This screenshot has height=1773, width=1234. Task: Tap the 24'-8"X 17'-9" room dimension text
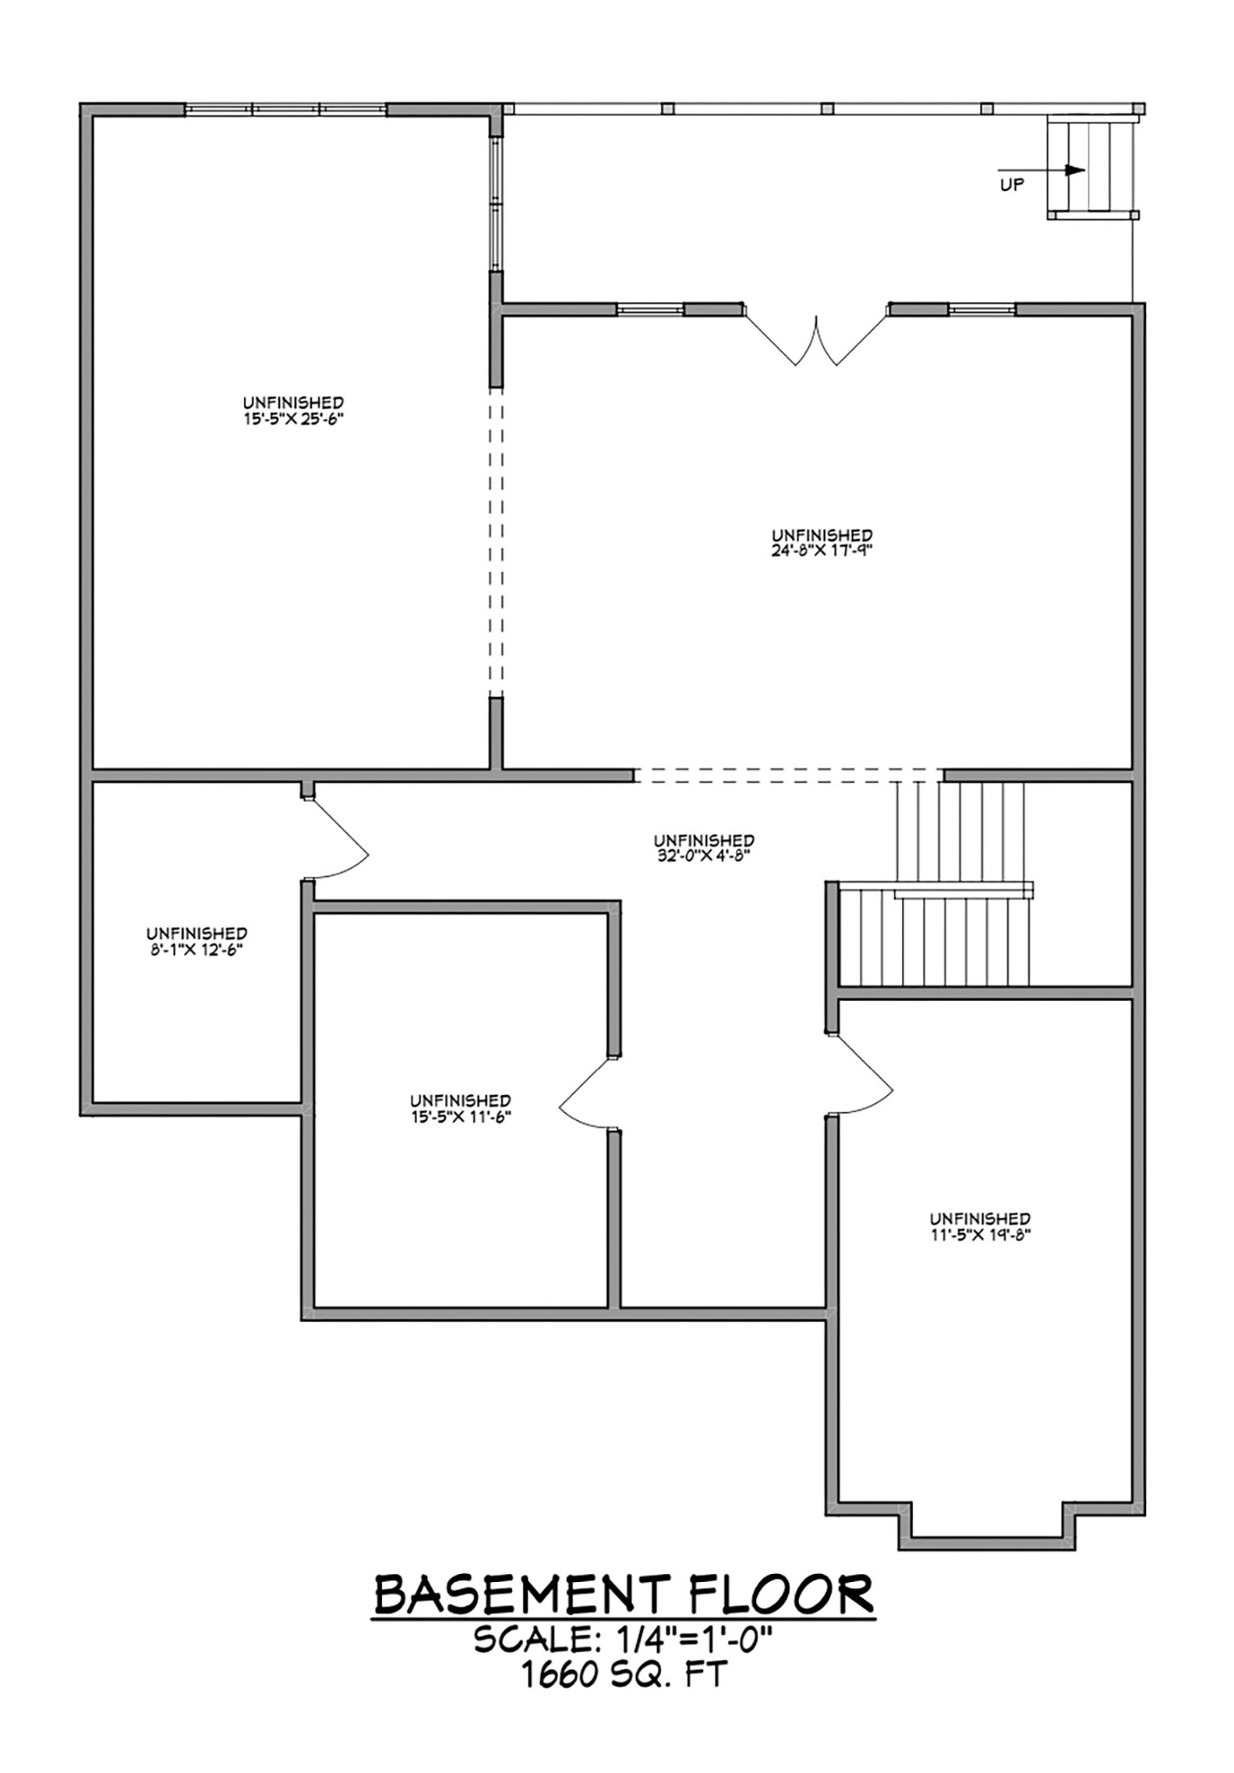point(821,551)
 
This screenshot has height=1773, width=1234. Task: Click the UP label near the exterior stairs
point(1012,185)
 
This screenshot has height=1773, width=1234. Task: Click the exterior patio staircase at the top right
point(1091,167)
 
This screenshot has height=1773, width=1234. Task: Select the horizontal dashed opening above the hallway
point(787,775)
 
